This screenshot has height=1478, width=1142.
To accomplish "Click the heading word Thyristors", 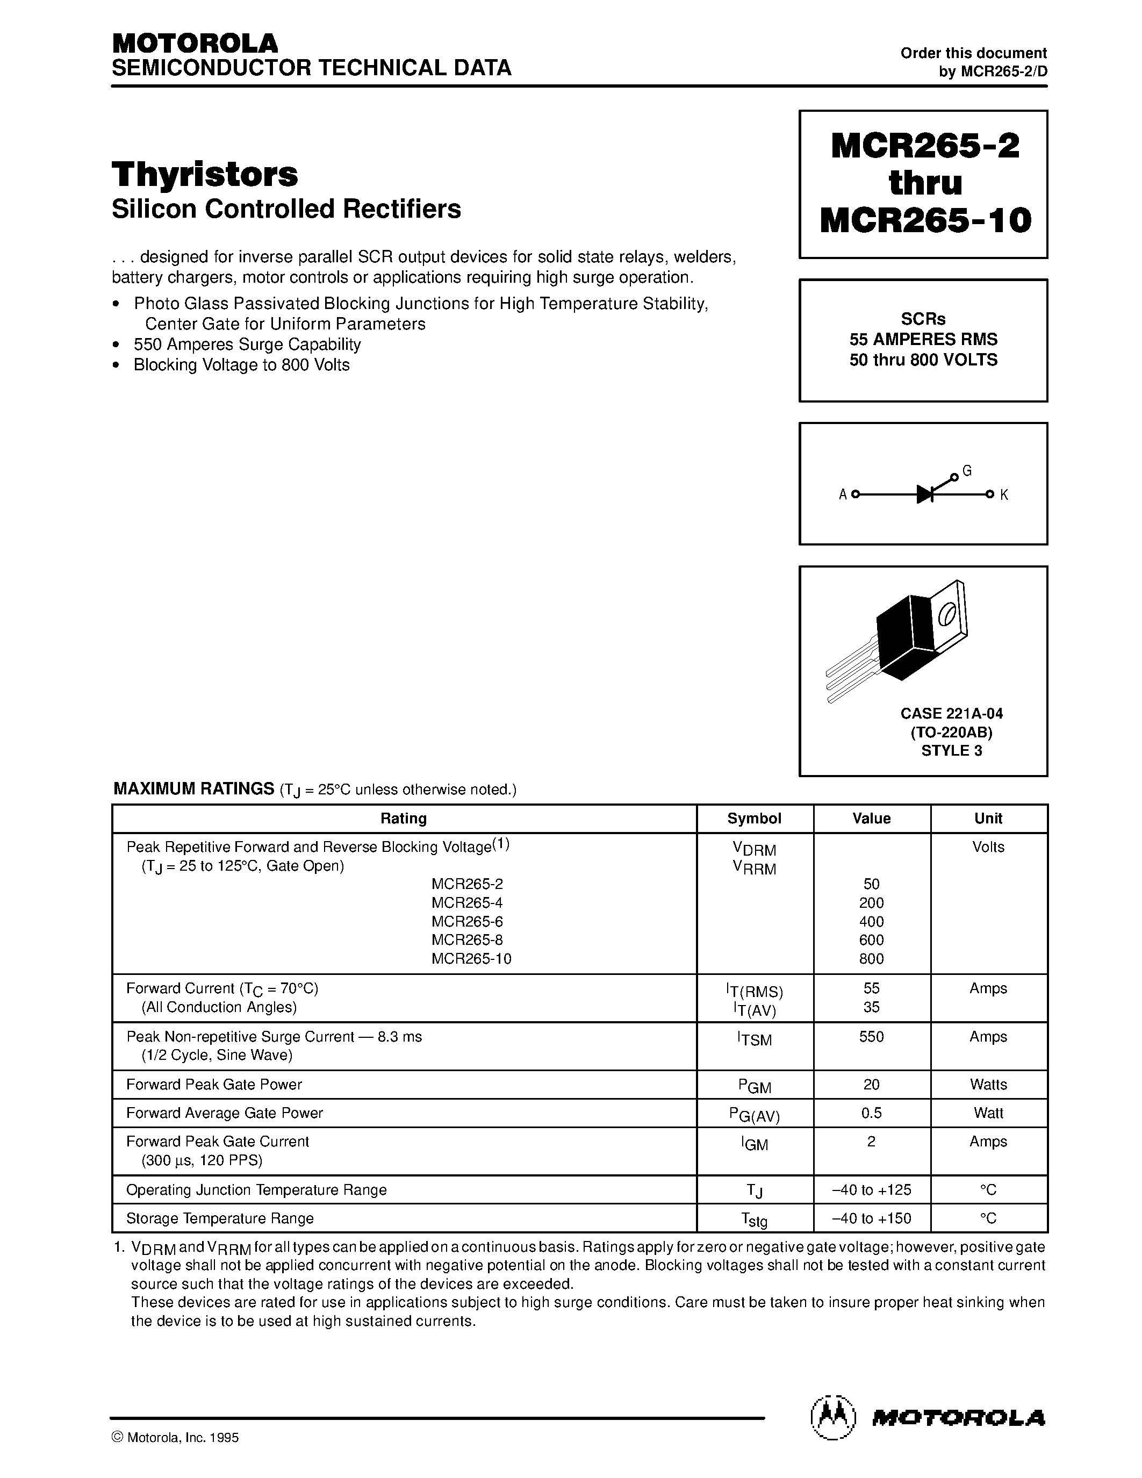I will tap(204, 175).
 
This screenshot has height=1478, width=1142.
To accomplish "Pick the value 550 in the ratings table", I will tap(871, 1037).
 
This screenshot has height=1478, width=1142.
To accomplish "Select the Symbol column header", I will tap(755, 818).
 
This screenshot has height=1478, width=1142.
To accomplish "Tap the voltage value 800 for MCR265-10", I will tap(871, 958).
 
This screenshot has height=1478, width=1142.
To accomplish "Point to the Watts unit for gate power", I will tap(988, 1084).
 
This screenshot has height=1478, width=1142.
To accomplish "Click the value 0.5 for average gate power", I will tap(871, 1113).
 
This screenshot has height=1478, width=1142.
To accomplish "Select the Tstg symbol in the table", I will tap(755, 1219).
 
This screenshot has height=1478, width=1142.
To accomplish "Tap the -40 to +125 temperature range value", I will tap(871, 1190).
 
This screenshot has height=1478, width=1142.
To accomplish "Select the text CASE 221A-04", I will tap(951, 713).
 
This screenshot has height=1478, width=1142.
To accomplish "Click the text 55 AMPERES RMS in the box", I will tap(923, 339).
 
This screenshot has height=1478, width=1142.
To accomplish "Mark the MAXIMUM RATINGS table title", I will tap(193, 789).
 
